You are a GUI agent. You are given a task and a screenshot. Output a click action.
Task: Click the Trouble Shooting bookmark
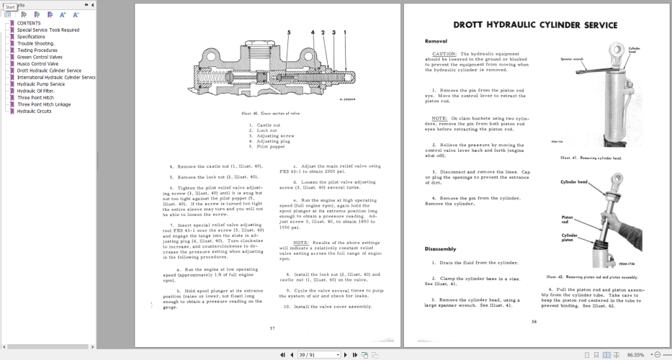pyautogui.click(x=36, y=43)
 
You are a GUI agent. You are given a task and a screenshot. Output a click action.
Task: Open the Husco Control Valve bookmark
pyautogui.click(x=38, y=63)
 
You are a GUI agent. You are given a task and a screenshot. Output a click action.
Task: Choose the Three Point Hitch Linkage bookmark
pyautogui.click(x=44, y=104)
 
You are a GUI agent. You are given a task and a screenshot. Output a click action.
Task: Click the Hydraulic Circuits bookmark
pyautogui.click(x=35, y=111)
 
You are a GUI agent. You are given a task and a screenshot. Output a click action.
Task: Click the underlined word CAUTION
pyautogui.click(x=444, y=54)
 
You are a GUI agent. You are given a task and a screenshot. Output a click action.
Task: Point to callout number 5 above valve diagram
pyautogui.click(x=289, y=32)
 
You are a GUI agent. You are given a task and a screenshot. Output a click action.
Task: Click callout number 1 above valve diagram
pyautogui.click(x=345, y=32)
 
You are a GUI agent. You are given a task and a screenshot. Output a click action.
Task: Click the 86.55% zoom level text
pyautogui.click(x=636, y=355)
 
